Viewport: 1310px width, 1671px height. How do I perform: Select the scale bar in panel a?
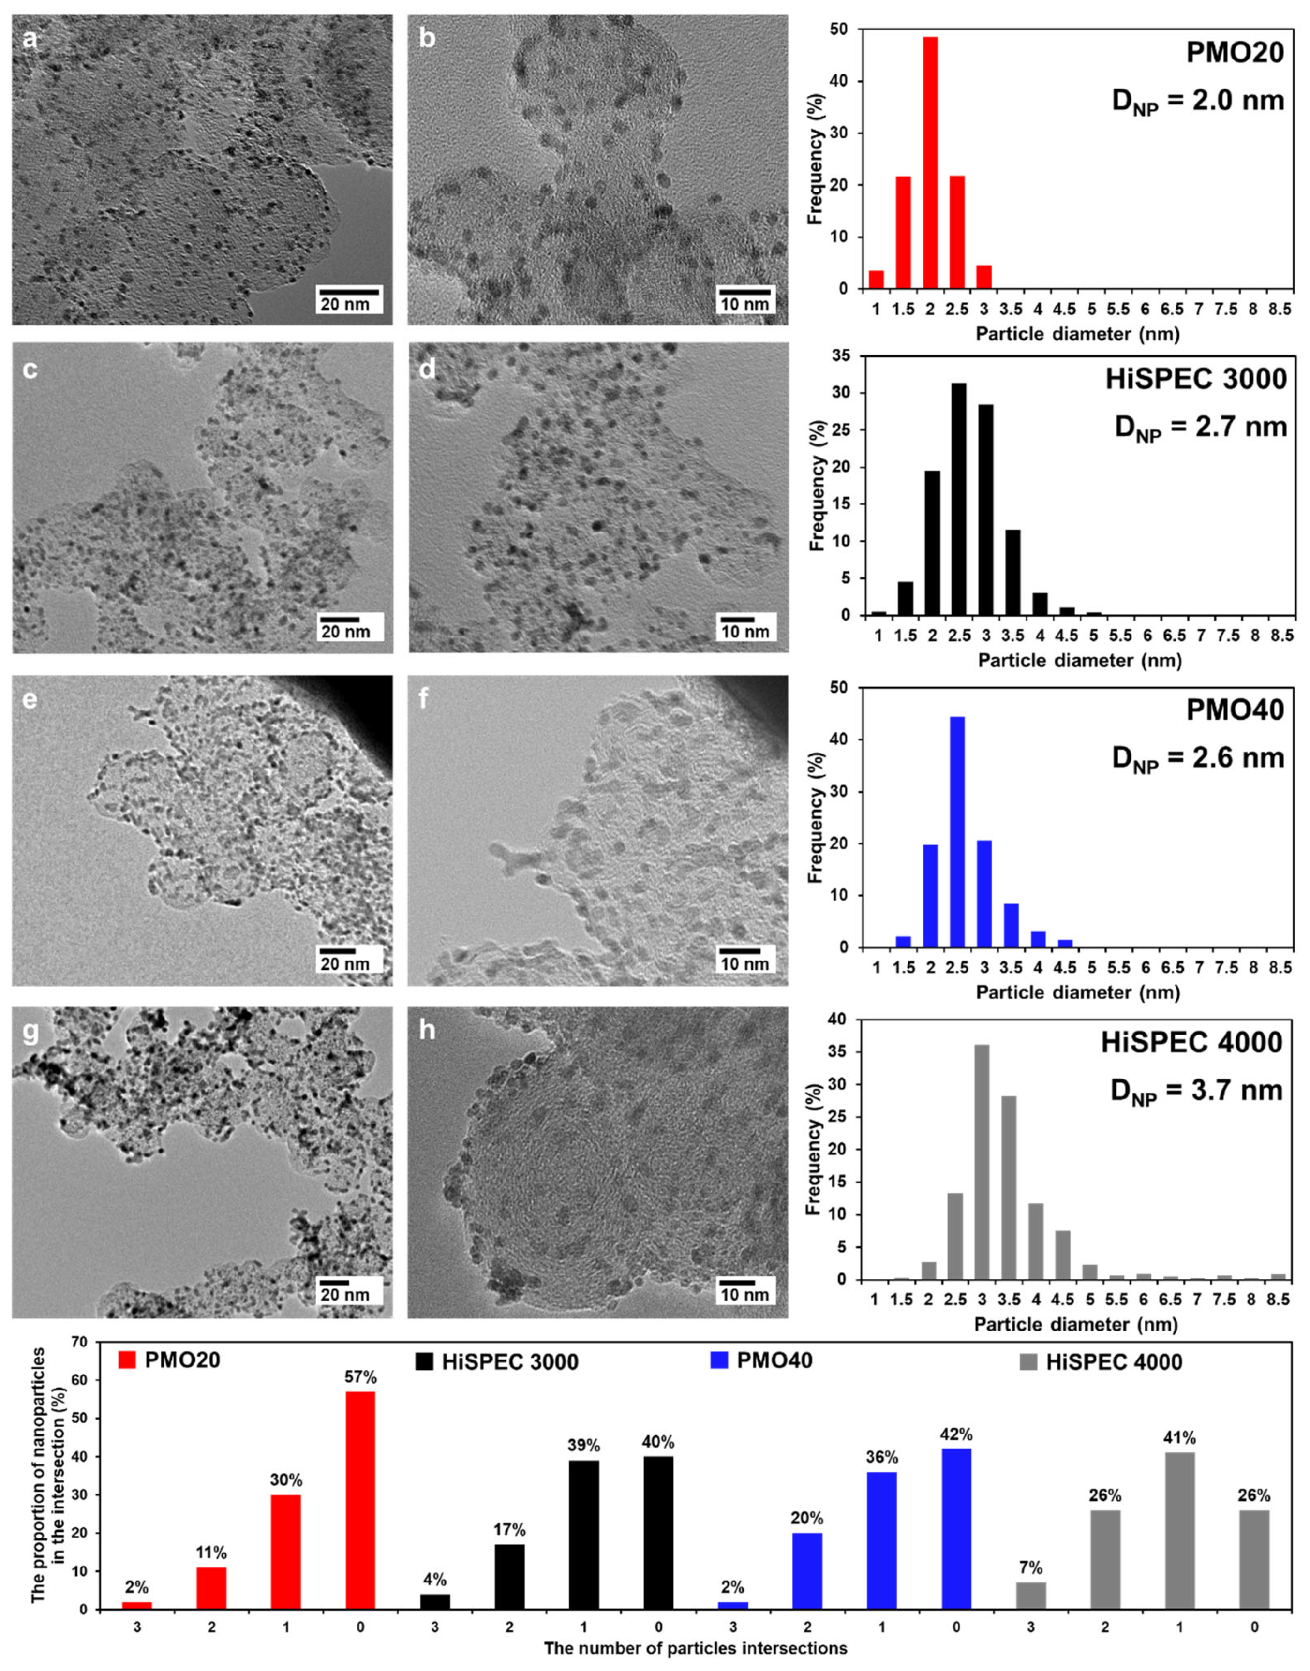click(349, 292)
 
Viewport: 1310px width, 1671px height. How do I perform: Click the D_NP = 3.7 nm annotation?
click(1196, 1091)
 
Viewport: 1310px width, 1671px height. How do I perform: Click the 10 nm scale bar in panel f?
click(744, 952)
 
